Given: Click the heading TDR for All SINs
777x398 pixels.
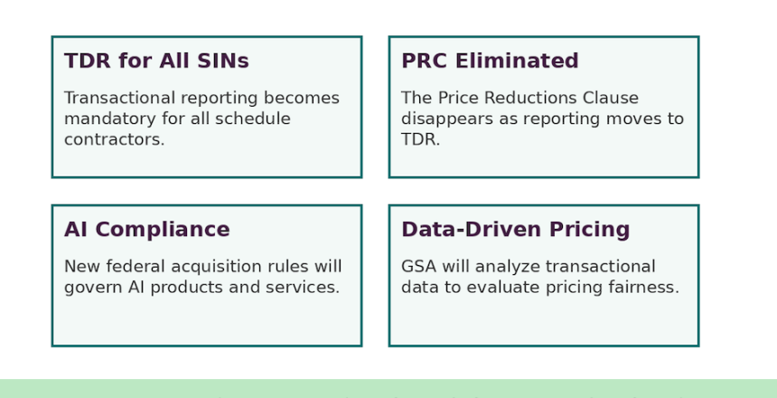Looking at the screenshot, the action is (156, 61).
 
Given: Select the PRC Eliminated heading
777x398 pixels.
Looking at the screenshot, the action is (490, 61).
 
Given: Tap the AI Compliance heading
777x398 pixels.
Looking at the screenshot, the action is (146, 230).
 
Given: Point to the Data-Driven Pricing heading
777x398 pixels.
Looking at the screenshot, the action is (515, 230).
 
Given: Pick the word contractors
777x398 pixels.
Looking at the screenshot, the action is (114, 140).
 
